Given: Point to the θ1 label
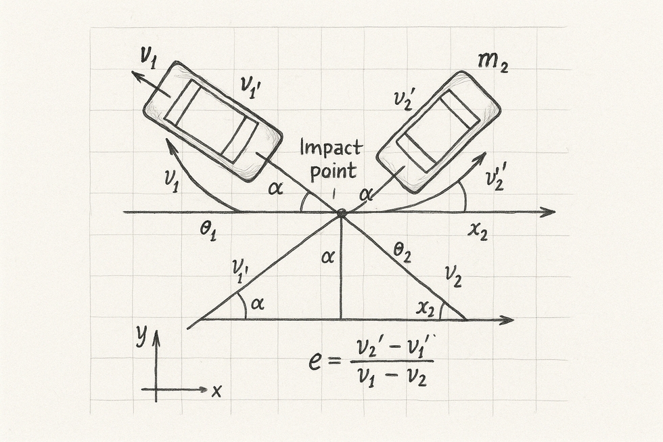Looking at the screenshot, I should pyautogui.click(x=207, y=231).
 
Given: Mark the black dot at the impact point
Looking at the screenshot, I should pyautogui.click(x=342, y=213).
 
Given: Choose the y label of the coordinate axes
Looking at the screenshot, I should pyautogui.click(x=141, y=336).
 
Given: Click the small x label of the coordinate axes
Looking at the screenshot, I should pyautogui.click(x=216, y=391).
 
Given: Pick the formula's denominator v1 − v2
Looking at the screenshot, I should pyautogui.click(x=392, y=376).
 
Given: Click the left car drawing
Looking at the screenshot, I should pyautogui.click(x=212, y=120).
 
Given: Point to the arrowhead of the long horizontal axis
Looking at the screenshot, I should pyautogui.click(x=549, y=213).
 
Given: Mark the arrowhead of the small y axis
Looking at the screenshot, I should pyautogui.click(x=156, y=335).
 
